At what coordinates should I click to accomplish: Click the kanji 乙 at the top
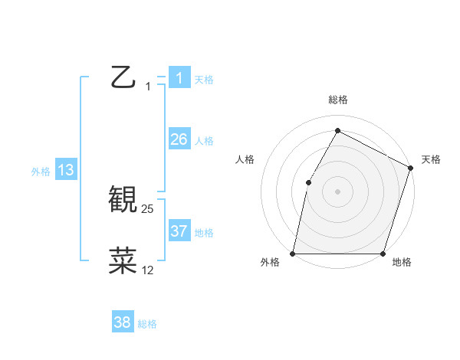click(x=123, y=77)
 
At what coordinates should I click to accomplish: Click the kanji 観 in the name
click(x=123, y=200)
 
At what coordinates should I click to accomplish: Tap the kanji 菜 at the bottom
click(x=123, y=260)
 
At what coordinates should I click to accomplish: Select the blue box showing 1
click(x=179, y=78)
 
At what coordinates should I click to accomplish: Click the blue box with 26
click(x=179, y=139)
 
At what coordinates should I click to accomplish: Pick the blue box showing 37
click(x=179, y=231)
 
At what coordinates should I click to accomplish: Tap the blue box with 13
click(x=65, y=170)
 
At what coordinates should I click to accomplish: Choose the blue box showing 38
click(x=122, y=322)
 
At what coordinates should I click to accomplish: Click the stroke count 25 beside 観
click(x=148, y=209)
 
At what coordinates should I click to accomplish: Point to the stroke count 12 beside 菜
click(x=148, y=270)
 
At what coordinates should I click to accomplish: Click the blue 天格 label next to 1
click(x=204, y=80)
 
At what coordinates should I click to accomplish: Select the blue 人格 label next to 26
click(x=204, y=141)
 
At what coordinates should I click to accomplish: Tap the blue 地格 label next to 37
click(x=204, y=232)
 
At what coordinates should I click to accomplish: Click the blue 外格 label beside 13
click(x=41, y=172)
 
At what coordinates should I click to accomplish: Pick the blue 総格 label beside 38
click(x=147, y=324)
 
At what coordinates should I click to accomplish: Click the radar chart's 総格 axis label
click(x=337, y=100)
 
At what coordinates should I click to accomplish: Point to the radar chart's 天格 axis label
click(x=431, y=159)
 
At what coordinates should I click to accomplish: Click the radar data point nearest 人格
click(x=308, y=182)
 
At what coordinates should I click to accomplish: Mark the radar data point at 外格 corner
click(x=293, y=254)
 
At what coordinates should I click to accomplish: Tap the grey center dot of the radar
click(x=337, y=191)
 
